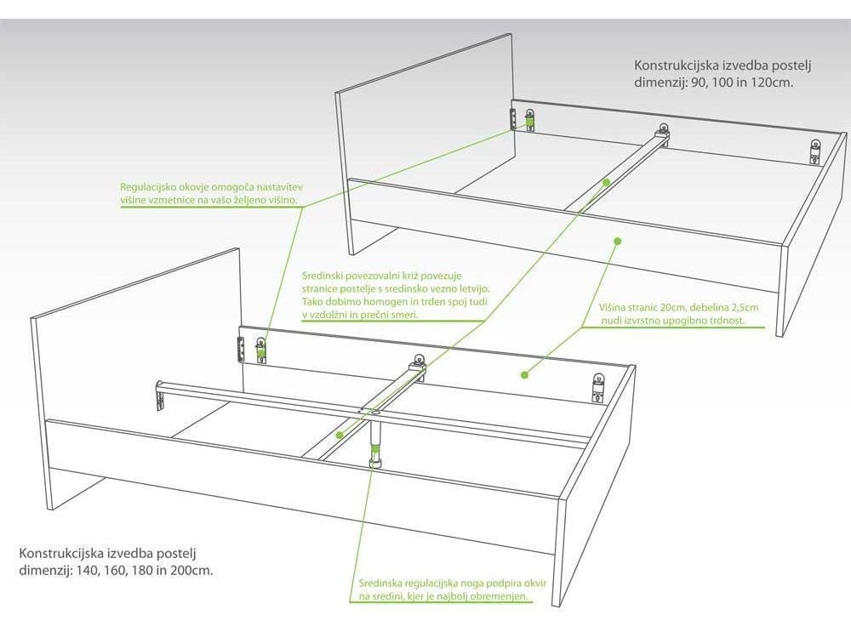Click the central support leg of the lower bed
(375, 441)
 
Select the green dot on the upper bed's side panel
(616, 241)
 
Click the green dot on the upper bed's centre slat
(606, 183)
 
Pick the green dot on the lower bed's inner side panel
(524, 374)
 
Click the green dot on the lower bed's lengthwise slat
(340, 435)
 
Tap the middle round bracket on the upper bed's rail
(663, 129)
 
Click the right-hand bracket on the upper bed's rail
(815, 151)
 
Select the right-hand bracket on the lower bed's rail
(599, 387)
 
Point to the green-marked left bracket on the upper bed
(529, 119)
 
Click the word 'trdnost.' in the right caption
(727, 320)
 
